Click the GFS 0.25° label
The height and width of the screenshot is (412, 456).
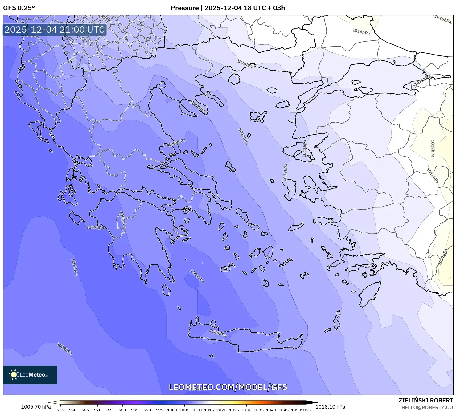point(19,8)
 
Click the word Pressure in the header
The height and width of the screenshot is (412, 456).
point(185,8)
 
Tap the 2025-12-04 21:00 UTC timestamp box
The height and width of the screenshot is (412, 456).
point(55,30)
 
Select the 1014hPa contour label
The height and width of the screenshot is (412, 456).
point(245,64)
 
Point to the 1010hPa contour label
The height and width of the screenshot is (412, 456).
point(197,106)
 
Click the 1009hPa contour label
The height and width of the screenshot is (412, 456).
point(177,142)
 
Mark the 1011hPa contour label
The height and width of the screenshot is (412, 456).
point(243,137)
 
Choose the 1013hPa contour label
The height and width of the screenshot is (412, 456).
point(305,149)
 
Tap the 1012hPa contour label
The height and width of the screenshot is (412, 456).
point(285,172)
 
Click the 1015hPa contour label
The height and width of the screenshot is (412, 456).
point(422,81)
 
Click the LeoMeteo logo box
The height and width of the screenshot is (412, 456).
point(30,375)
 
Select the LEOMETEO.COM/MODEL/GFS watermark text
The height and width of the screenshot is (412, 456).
point(228,387)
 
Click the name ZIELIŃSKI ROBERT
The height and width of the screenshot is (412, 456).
point(426,400)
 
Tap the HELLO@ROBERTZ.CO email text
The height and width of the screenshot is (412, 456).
point(427,407)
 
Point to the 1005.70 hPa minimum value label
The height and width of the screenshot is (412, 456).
point(36,407)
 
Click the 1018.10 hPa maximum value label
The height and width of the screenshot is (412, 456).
point(330,407)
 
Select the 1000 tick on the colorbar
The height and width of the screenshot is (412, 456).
point(172,410)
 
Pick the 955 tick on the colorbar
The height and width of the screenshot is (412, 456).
point(60,410)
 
